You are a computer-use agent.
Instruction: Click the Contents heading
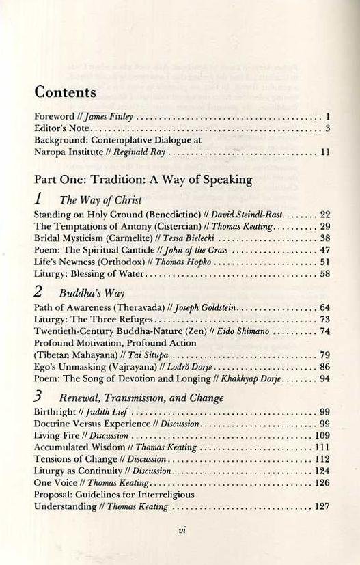point(65,92)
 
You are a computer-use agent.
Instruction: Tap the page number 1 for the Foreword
point(329,117)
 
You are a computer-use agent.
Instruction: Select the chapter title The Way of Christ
point(101,201)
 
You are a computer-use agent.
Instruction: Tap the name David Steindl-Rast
point(247,214)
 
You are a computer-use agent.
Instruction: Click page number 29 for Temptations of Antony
point(325,226)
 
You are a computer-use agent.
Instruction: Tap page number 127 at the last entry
point(322,506)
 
